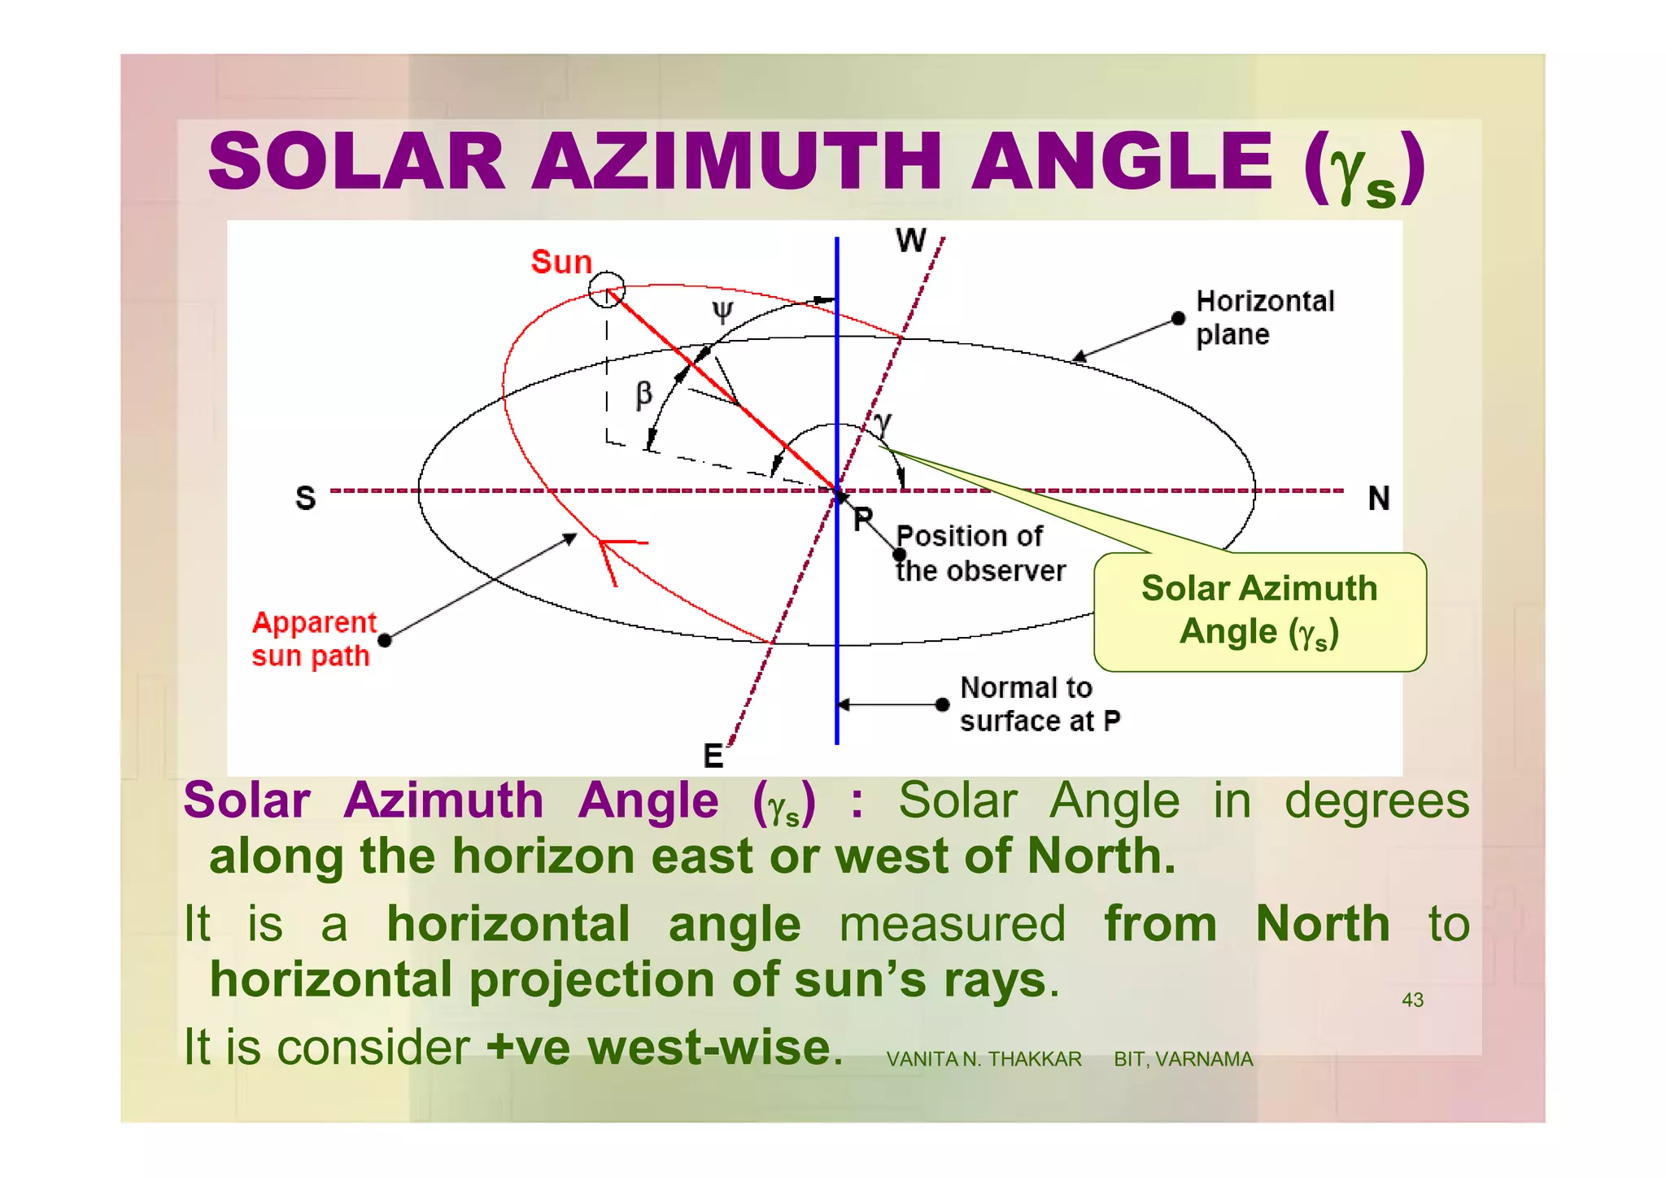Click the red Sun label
[x=561, y=263]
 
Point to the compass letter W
[x=910, y=241]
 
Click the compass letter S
[x=305, y=498]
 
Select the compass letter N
[x=1378, y=498]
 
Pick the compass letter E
[x=713, y=756]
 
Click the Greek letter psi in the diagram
[x=722, y=312]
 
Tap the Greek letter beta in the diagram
[x=643, y=395]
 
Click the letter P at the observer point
[x=862, y=519]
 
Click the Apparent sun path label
[x=313, y=639]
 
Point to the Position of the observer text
[x=979, y=554]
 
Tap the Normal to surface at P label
[x=1039, y=704]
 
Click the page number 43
[x=1412, y=1000]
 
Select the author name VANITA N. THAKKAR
[x=983, y=1059]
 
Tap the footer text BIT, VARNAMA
[x=1183, y=1059]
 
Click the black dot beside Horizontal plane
[x=1178, y=318]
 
